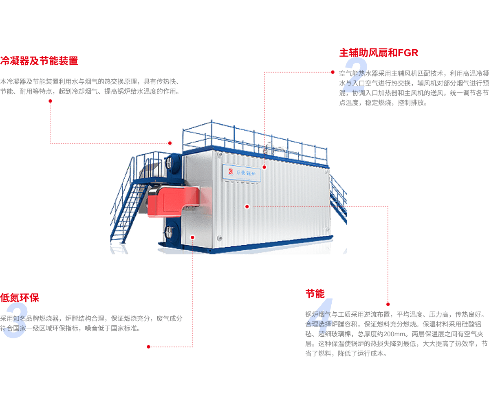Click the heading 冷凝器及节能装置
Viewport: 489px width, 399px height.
(x=39, y=61)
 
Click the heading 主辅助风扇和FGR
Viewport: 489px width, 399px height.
(x=379, y=53)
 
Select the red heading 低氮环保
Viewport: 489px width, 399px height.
(x=20, y=298)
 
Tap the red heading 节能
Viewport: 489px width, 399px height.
(x=315, y=294)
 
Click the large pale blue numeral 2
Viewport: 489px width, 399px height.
(x=355, y=75)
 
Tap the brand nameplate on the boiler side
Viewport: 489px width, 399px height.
(x=241, y=172)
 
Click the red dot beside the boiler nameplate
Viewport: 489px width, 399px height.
(x=264, y=167)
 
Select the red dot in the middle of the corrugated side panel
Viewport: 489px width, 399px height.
(x=247, y=206)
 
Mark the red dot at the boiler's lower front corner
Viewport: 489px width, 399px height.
(x=192, y=237)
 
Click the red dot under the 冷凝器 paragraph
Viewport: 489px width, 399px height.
(x=50, y=101)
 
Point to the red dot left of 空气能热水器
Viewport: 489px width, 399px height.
(x=333, y=72)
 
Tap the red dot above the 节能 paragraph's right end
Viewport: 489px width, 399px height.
(x=388, y=304)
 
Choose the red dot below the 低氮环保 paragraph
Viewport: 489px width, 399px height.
(x=148, y=346)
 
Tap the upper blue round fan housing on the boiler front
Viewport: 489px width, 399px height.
(x=173, y=165)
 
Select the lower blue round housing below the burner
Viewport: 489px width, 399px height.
(x=172, y=230)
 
